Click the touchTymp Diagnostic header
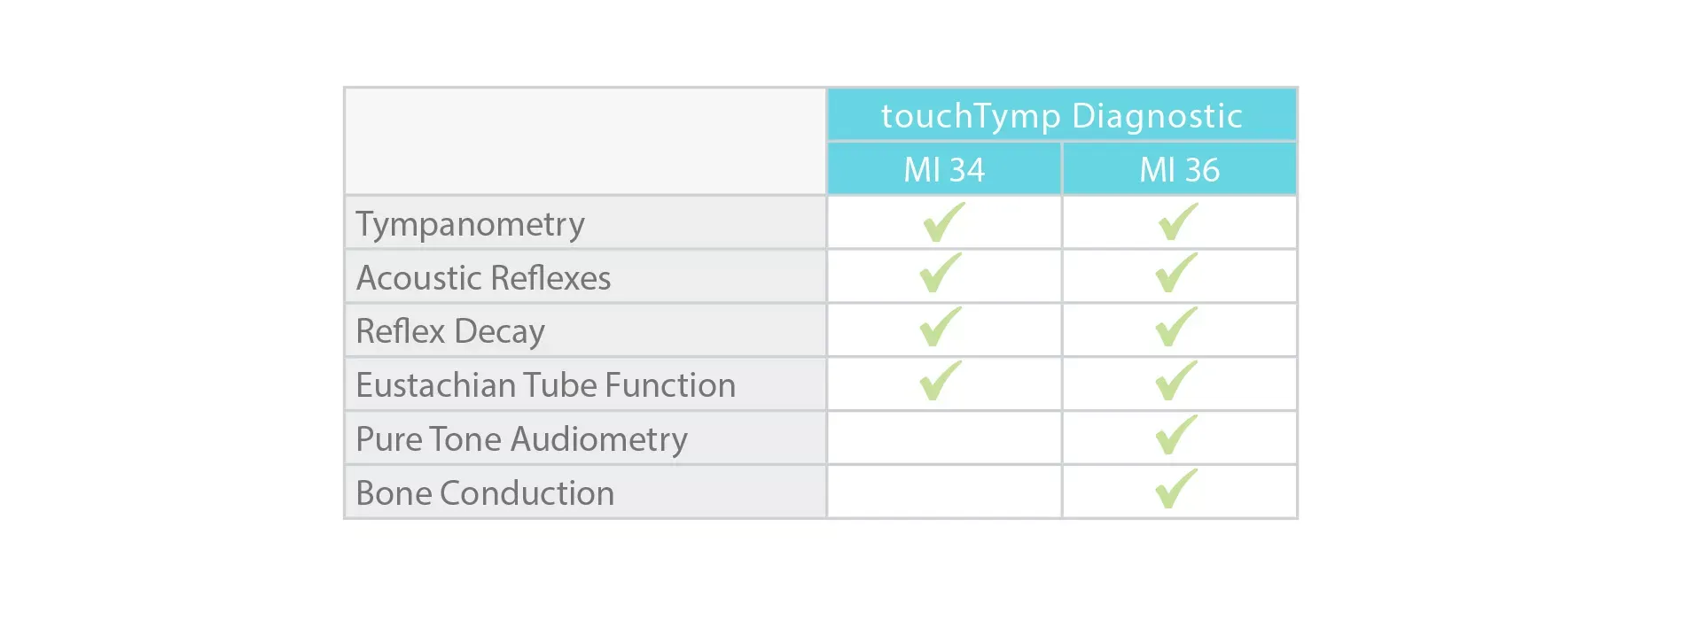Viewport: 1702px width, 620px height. point(1061,116)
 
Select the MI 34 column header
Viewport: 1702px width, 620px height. point(944,169)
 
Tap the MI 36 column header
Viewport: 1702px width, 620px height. point(1179,169)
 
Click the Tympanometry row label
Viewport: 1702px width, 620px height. point(470,224)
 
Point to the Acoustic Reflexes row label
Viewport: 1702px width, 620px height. point(483,278)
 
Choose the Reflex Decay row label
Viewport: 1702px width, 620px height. point(450,331)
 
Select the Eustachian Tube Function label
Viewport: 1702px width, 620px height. point(545,385)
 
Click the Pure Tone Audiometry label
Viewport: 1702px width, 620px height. point(521,439)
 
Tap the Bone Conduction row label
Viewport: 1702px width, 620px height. point(485,493)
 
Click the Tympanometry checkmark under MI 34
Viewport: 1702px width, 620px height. point(943,221)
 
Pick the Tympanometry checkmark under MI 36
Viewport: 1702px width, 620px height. point(1178,221)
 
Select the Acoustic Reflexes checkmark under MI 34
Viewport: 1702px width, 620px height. point(941,273)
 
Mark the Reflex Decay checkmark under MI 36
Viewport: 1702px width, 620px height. point(1176,327)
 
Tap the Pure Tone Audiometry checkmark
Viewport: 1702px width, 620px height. point(1176,435)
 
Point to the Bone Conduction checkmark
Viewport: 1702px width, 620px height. point(1176,488)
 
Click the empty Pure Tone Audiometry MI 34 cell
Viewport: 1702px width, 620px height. point(944,438)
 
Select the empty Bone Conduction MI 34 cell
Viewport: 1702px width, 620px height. point(944,492)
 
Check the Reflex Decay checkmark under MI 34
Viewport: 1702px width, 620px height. point(941,327)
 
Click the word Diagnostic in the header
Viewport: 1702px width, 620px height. point(1157,116)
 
